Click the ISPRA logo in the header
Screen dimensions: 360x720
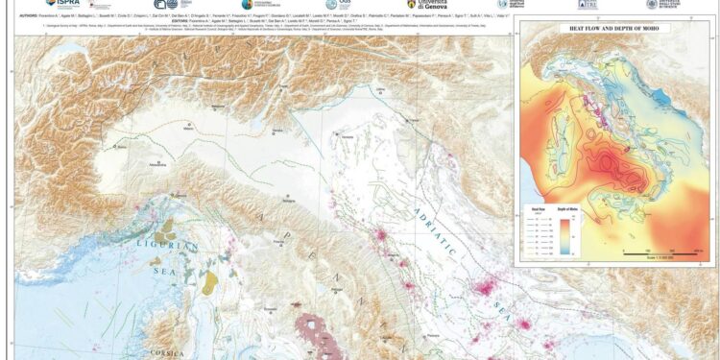coord(61,4)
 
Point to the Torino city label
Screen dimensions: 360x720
coord(122,148)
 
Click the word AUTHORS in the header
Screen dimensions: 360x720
coord(29,15)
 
